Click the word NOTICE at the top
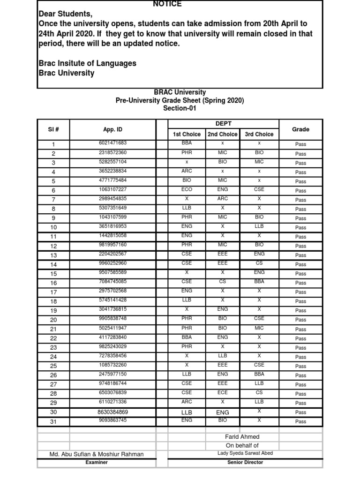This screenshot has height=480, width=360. (x=167, y=4)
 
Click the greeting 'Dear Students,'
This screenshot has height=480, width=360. (x=62, y=15)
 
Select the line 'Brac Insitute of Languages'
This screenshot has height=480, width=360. (x=87, y=63)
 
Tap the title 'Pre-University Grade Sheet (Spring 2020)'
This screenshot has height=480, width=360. (x=180, y=100)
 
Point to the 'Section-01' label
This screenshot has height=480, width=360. (x=180, y=108)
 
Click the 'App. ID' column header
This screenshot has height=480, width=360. (x=112, y=129)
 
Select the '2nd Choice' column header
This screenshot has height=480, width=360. (x=223, y=134)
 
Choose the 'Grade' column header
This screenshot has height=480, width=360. (x=300, y=129)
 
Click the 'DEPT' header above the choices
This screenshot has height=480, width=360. (x=223, y=124)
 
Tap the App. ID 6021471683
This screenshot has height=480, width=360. (x=112, y=143)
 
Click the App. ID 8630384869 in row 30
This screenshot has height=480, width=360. (x=112, y=412)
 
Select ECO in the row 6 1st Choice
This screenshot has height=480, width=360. (x=187, y=189)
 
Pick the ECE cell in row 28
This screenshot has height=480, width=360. (x=223, y=393)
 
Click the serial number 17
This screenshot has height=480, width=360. (x=53, y=292)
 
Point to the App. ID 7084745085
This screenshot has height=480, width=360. (x=112, y=282)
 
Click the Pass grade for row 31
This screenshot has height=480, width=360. (x=300, y=421)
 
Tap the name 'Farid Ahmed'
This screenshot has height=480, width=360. (x=242, y=437)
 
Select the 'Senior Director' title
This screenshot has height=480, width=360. (x=245, y=462)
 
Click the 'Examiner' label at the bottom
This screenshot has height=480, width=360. (x=97, y=462)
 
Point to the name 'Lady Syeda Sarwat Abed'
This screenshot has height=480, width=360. (x=245, y=453)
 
